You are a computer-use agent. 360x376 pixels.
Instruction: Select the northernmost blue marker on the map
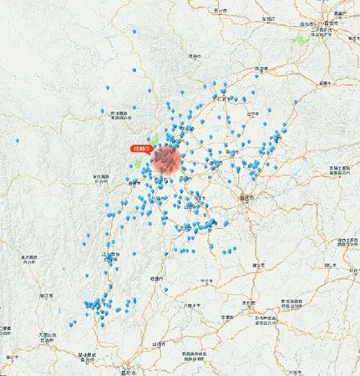click(x=134, y=33)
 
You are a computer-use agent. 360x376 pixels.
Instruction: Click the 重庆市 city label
click(x=246, y=198)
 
